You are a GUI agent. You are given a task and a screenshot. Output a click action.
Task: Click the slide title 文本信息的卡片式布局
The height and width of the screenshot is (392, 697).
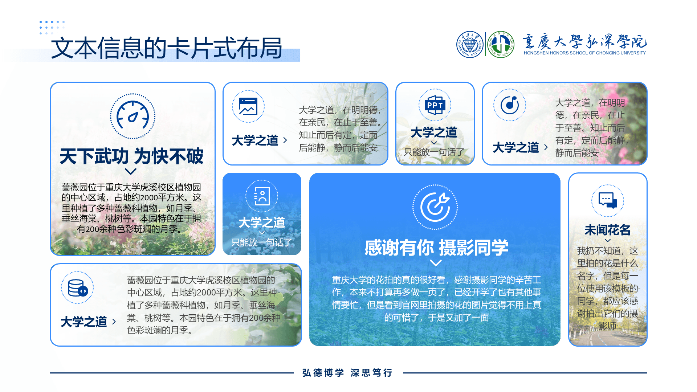(x=167, y=48)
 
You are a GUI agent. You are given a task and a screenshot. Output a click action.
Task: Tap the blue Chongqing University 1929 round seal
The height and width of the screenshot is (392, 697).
(x=470, y=44)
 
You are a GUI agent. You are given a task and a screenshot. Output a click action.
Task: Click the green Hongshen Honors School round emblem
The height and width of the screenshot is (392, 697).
(x=501, y=44)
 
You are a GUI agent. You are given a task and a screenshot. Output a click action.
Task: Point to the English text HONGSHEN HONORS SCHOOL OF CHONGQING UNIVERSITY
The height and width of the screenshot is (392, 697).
(x=584, y=53)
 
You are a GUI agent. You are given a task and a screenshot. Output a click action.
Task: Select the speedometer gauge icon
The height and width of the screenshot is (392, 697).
(x=133, y=117)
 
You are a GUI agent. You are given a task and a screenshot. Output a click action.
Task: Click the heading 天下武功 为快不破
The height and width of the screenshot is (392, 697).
(x=131, y=156)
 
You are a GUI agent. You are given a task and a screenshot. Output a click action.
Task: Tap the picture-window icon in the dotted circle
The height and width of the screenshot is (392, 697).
(x=248, y=106)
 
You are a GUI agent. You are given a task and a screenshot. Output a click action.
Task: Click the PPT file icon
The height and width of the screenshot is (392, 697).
(x=435, y=105)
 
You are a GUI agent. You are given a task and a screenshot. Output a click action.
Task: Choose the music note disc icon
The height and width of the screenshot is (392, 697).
(x=510, y=105)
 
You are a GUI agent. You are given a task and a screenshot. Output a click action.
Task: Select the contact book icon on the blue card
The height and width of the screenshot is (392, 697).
(x=262, y=196)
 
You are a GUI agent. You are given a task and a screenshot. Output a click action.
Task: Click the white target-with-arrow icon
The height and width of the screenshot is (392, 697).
(x=435, y=207)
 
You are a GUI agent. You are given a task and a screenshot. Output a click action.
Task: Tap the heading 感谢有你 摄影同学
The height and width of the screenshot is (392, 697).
(x=436, y=248)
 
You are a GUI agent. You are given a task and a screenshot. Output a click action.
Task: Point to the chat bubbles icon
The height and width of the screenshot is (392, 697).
(x=608, y=200)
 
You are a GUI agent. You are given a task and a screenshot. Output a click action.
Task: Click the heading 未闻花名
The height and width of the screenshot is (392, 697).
(x=607, y=230)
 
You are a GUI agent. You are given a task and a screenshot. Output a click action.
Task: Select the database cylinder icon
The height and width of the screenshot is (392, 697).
(x=78, y=288)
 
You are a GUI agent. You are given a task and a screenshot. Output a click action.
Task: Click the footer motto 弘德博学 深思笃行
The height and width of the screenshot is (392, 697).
(x=347, y=373)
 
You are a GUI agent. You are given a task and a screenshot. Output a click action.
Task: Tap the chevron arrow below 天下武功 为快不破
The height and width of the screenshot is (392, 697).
(x=131, y=171)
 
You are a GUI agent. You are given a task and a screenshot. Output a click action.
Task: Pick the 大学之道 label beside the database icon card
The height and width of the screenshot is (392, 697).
(x=84, y=322)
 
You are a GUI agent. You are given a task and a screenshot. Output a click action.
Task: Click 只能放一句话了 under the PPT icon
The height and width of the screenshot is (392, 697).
(x=434, y=152)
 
